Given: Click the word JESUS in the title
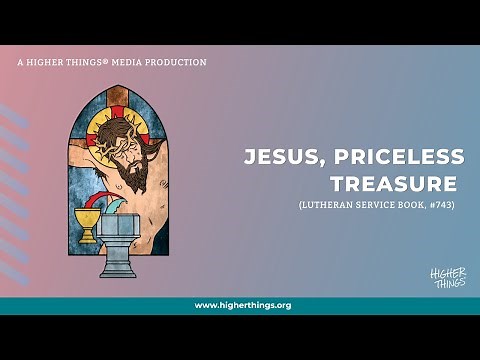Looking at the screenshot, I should [x=279, y=158].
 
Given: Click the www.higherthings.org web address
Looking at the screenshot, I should [x=242, y=305].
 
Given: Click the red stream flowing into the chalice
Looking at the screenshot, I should [x=94, y=203].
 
